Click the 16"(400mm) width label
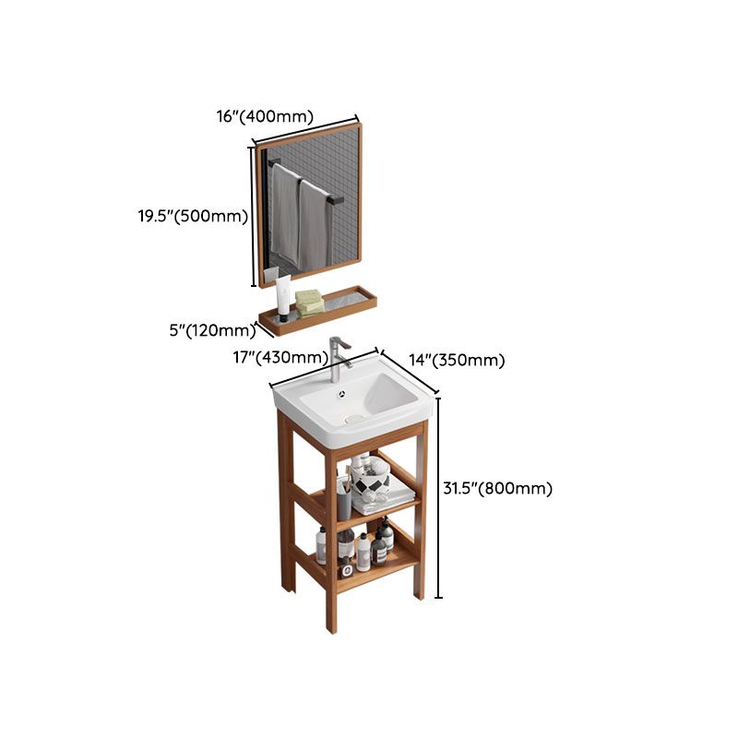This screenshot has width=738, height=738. pos(266,116)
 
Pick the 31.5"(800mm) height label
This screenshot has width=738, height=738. pos(497,489)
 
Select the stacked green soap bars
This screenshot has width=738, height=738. pos(309,301)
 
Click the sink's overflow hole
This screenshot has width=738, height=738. pos(342,392)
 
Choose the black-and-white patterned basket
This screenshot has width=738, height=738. pos(378,480)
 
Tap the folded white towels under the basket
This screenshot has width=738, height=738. pos(383,504)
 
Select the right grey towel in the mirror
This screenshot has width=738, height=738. pos(315,226)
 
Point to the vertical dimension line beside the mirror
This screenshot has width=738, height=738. pos(252,216)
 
